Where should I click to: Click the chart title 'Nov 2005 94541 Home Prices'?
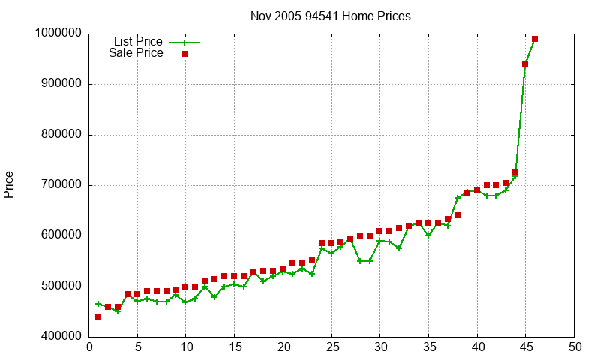click(331, 16)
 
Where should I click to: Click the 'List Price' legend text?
click(138, 41)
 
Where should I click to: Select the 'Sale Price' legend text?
click(136, 53)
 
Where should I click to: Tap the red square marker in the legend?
click(184, 54)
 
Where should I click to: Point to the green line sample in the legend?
click(184, 42)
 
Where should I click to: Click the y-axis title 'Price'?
click(9, 184)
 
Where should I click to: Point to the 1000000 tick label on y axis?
click(58, 34)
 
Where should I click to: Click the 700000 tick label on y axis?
click(61, 185)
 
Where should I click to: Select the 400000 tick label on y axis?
click(61, 337)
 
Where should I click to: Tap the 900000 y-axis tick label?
click(61, 84)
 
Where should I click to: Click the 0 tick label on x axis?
click(89, 347)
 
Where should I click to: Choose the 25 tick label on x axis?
click(331, 347)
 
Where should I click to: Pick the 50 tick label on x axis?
click(574, 347)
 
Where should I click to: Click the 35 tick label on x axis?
click(428, 347)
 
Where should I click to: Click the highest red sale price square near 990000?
click(535, 39)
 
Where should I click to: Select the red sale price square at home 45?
click(525, 64)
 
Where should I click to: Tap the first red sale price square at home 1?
click(98, 316)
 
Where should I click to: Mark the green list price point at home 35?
click(428, 235)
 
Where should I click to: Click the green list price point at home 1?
click(98, 304)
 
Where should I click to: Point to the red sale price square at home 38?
click(457, 215)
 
